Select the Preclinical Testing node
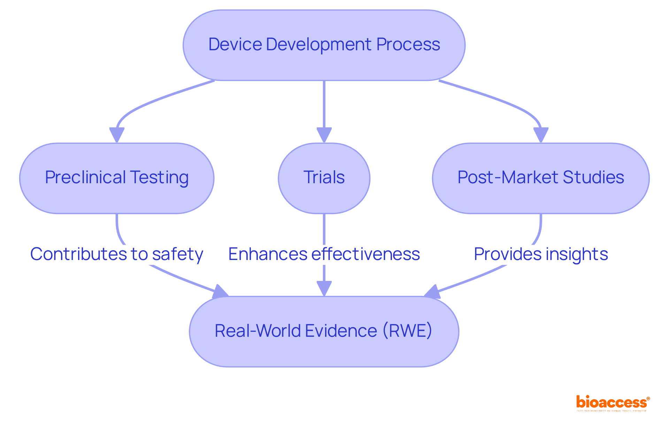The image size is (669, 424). (x=117, y=178)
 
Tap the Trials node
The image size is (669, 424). (x=324, y=178)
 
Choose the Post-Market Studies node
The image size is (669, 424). (x=540, y=178)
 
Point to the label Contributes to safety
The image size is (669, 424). (x=117, y=254)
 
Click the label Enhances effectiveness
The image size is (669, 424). (x=324, y=254)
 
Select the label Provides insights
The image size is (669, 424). (x=541, y=254)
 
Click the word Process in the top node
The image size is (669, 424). (x=408, y=45)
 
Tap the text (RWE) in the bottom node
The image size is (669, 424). (x=407, y=331)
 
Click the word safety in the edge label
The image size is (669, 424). (x=178, y=254)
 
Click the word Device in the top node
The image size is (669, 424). (x=235, y=45)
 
